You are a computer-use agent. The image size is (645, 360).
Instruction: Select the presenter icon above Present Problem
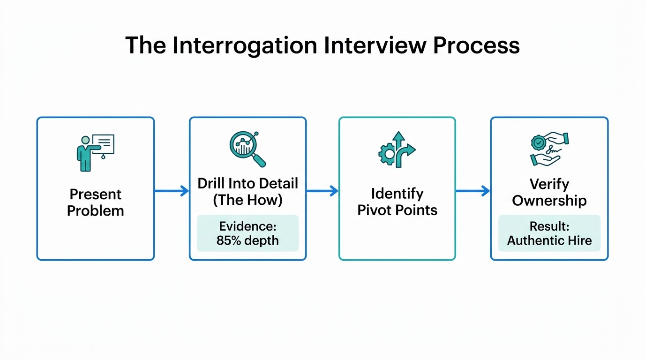95,152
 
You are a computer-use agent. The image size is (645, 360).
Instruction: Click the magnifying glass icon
247,149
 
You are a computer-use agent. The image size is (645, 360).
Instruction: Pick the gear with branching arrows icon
397,150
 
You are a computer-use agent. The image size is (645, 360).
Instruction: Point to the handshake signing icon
549,149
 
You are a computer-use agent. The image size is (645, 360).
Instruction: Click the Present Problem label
95,202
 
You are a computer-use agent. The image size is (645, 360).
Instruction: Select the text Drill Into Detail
247,183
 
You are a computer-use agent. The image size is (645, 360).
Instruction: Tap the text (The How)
247,200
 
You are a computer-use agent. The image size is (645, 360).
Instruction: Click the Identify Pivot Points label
397,202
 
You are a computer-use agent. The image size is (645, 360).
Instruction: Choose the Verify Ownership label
549,192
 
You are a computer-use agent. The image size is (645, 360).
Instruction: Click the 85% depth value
247,241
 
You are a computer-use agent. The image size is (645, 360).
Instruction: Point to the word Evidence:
247,227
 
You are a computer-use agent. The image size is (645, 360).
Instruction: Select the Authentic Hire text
549,241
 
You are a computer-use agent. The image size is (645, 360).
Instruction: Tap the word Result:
549,227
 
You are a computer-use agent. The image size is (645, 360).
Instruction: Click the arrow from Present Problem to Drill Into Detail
172,191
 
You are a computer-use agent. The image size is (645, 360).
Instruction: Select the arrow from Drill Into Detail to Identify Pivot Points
322,191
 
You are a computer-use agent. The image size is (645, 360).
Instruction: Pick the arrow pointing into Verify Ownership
473,191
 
